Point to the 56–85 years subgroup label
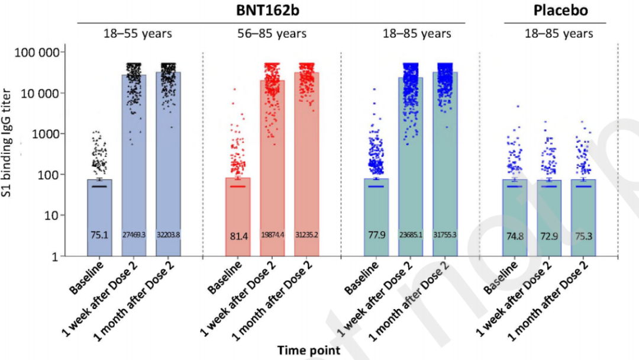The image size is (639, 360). coord(269,34)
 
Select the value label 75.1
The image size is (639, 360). coord(99,235)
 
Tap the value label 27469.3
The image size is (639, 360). coord(134,235)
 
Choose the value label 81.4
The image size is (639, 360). coord(238,236)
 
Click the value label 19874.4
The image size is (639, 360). coord(272,235)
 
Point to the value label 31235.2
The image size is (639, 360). coord(306,235)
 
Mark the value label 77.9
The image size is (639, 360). coord(376,235)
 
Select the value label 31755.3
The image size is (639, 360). coord(445,235)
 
